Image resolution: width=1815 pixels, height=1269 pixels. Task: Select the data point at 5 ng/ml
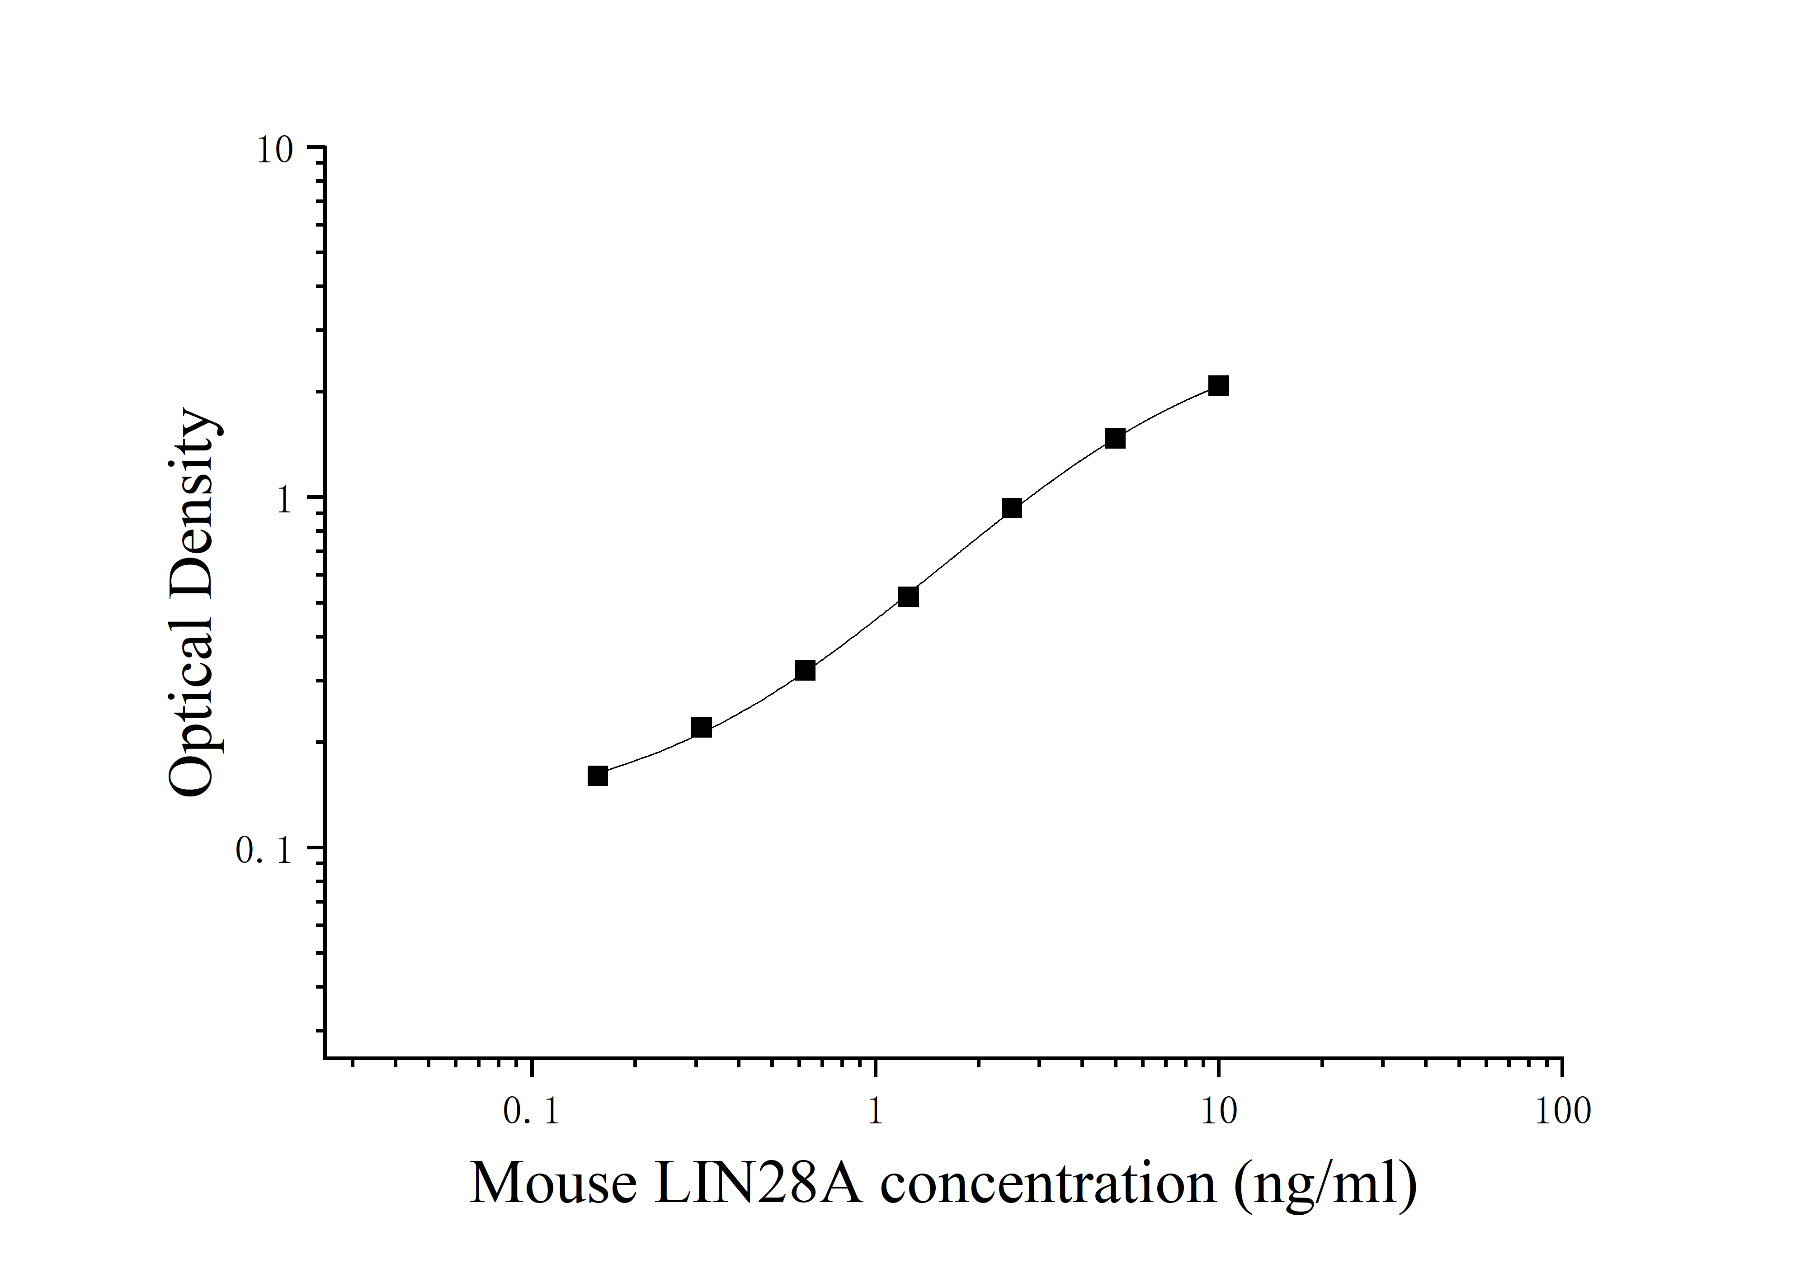tap(1115, 438)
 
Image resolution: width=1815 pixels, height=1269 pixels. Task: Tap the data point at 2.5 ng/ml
tap(1012, 508)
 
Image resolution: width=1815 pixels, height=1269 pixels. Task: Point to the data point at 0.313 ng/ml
tap(701, 727)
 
